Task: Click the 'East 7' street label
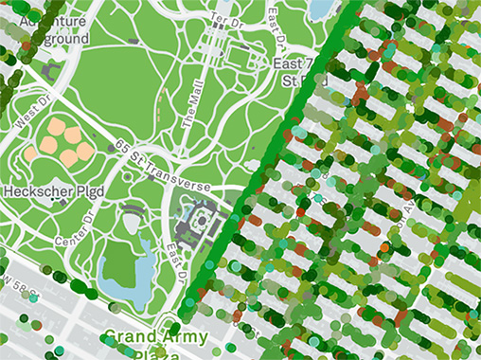(293, 63)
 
